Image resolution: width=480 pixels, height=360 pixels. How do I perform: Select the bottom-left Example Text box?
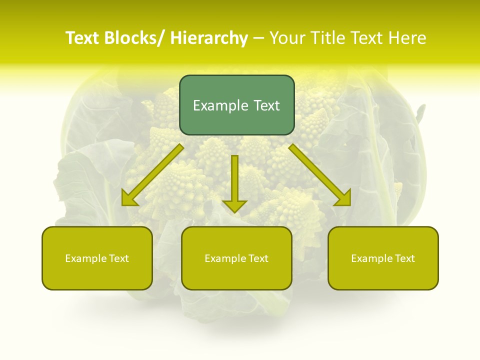point(97,258)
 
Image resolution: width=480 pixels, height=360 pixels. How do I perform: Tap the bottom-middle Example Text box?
point(236,258)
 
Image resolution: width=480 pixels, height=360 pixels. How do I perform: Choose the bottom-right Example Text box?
point(383,258)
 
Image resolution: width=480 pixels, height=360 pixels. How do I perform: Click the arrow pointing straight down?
point(234,182)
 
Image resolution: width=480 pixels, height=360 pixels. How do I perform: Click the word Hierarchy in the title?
point(208,38)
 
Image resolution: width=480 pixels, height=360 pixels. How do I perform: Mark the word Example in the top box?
point(220,105)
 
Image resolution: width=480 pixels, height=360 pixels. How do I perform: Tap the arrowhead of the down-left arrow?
point(129,198)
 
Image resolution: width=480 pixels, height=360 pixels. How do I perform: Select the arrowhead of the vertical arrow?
point(234,205)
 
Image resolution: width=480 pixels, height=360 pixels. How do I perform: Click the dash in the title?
point(258,38)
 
